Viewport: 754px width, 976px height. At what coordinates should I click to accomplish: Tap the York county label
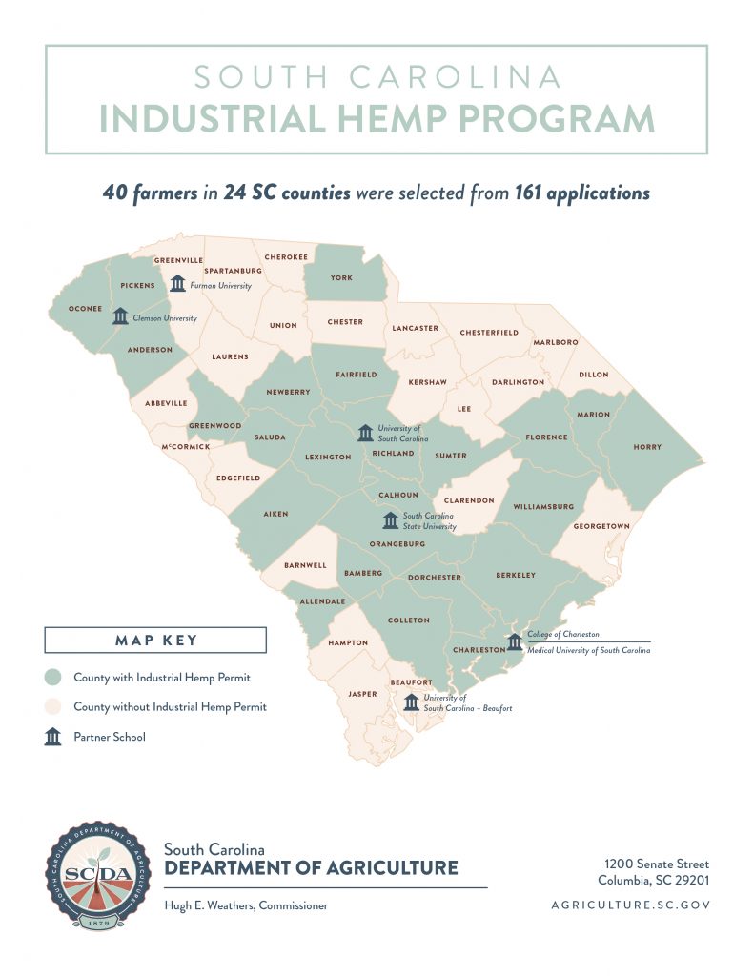pos(341,277)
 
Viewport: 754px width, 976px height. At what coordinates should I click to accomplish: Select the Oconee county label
pos(86,308)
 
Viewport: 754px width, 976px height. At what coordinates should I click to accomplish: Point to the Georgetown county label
pos(601,526)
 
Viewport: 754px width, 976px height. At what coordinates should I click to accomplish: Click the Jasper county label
pos(362,694)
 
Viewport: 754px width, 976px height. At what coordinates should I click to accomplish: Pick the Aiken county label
pos(275,514)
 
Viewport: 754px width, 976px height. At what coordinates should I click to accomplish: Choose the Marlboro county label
pos(556,341)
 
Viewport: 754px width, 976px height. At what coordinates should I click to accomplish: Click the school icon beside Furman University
pos(178,284)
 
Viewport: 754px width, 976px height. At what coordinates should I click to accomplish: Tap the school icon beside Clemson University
pos(120,315)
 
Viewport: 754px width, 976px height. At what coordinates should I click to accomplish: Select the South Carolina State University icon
pos(390,520)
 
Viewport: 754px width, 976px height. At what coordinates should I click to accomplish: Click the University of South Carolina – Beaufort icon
pos(411,702)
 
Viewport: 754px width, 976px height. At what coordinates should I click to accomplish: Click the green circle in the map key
pos(54,678)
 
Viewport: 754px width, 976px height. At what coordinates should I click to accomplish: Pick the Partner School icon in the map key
pos(54,737)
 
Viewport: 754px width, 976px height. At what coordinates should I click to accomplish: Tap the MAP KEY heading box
pos(155,640)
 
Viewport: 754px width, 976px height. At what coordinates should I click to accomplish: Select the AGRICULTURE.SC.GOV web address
pos(630,905)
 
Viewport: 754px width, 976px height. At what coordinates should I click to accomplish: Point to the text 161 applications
pos(581,193)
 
